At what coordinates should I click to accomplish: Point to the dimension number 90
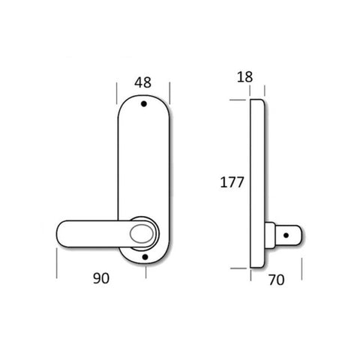pos(102,278)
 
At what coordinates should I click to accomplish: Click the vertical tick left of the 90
pos(58,263)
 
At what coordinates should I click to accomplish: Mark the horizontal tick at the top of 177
pos(238,97)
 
